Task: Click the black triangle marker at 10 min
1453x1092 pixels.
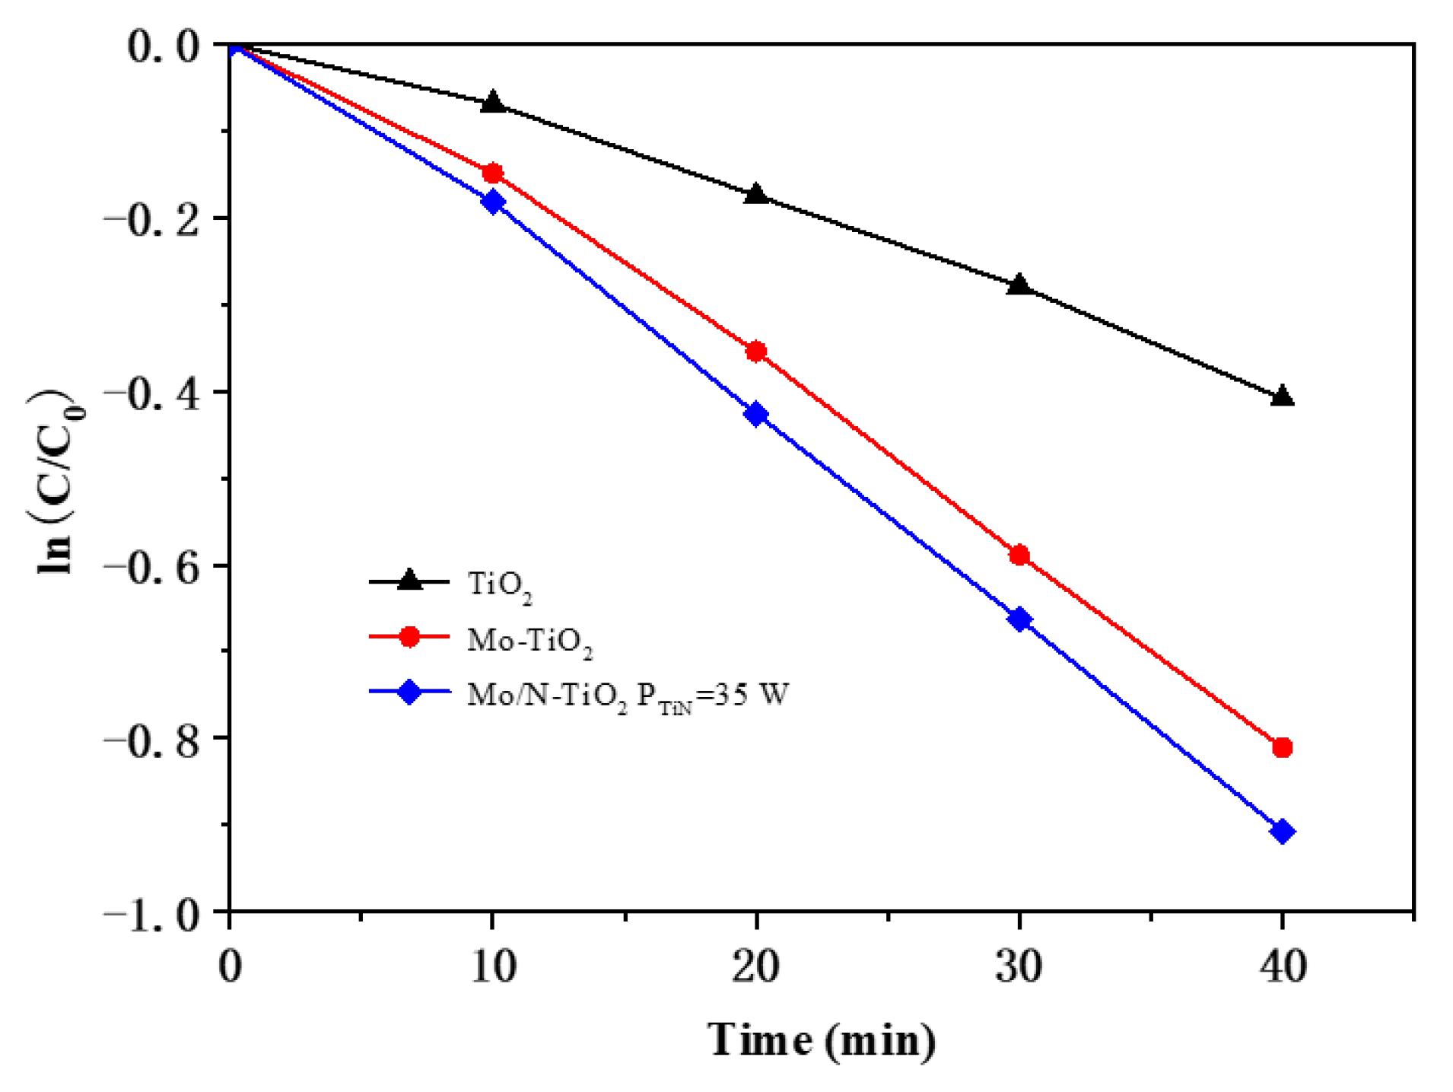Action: pos(492,102)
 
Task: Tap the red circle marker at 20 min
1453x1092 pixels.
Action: pos(755,351)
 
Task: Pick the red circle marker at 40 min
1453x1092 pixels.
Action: pos(1282,747)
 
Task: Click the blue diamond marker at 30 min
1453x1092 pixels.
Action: pos(1019,619)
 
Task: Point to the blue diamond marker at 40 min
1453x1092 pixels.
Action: pos(1282,831)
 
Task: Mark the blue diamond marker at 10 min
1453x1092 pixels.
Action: pos(493,202)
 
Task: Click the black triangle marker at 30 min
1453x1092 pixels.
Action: pos(1019,285)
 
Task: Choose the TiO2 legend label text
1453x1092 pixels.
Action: pos(499,584)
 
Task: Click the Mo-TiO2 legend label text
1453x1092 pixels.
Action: pos(529,640)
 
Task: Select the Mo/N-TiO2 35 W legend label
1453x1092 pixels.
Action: pos(628,695)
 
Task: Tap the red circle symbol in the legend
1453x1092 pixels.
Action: pos(409,636)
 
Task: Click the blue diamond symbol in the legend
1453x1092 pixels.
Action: pos(409,692)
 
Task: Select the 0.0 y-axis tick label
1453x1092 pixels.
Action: pos(163,47)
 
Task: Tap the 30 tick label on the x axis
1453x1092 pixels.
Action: pos(1019,966)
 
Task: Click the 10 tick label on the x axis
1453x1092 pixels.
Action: pos(493,966)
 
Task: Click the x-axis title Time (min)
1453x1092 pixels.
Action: pos(821,1039)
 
